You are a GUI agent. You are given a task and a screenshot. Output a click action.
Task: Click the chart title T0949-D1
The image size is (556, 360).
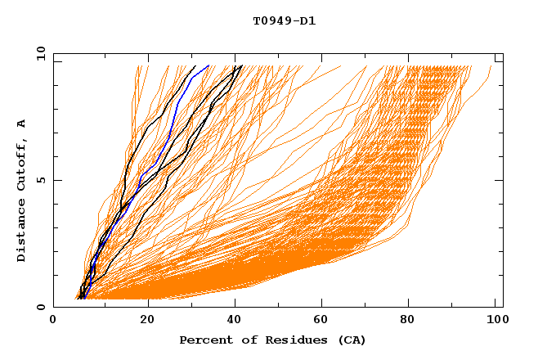(284, 21)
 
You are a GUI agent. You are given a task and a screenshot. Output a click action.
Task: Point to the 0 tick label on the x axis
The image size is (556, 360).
(53, 322)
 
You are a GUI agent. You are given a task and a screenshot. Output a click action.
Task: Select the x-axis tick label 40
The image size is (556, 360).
(236, 322)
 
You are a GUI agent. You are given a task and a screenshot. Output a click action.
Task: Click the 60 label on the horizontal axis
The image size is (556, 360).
(325, 322)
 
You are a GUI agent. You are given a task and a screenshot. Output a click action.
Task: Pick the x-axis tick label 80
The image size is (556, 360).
(413, 322)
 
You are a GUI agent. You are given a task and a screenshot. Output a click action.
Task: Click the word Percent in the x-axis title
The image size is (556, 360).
(204, 340)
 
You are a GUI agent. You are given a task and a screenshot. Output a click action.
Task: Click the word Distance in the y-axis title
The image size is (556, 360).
(22, 232)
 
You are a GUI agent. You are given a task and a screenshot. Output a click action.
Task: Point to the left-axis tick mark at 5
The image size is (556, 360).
(57, 180)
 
